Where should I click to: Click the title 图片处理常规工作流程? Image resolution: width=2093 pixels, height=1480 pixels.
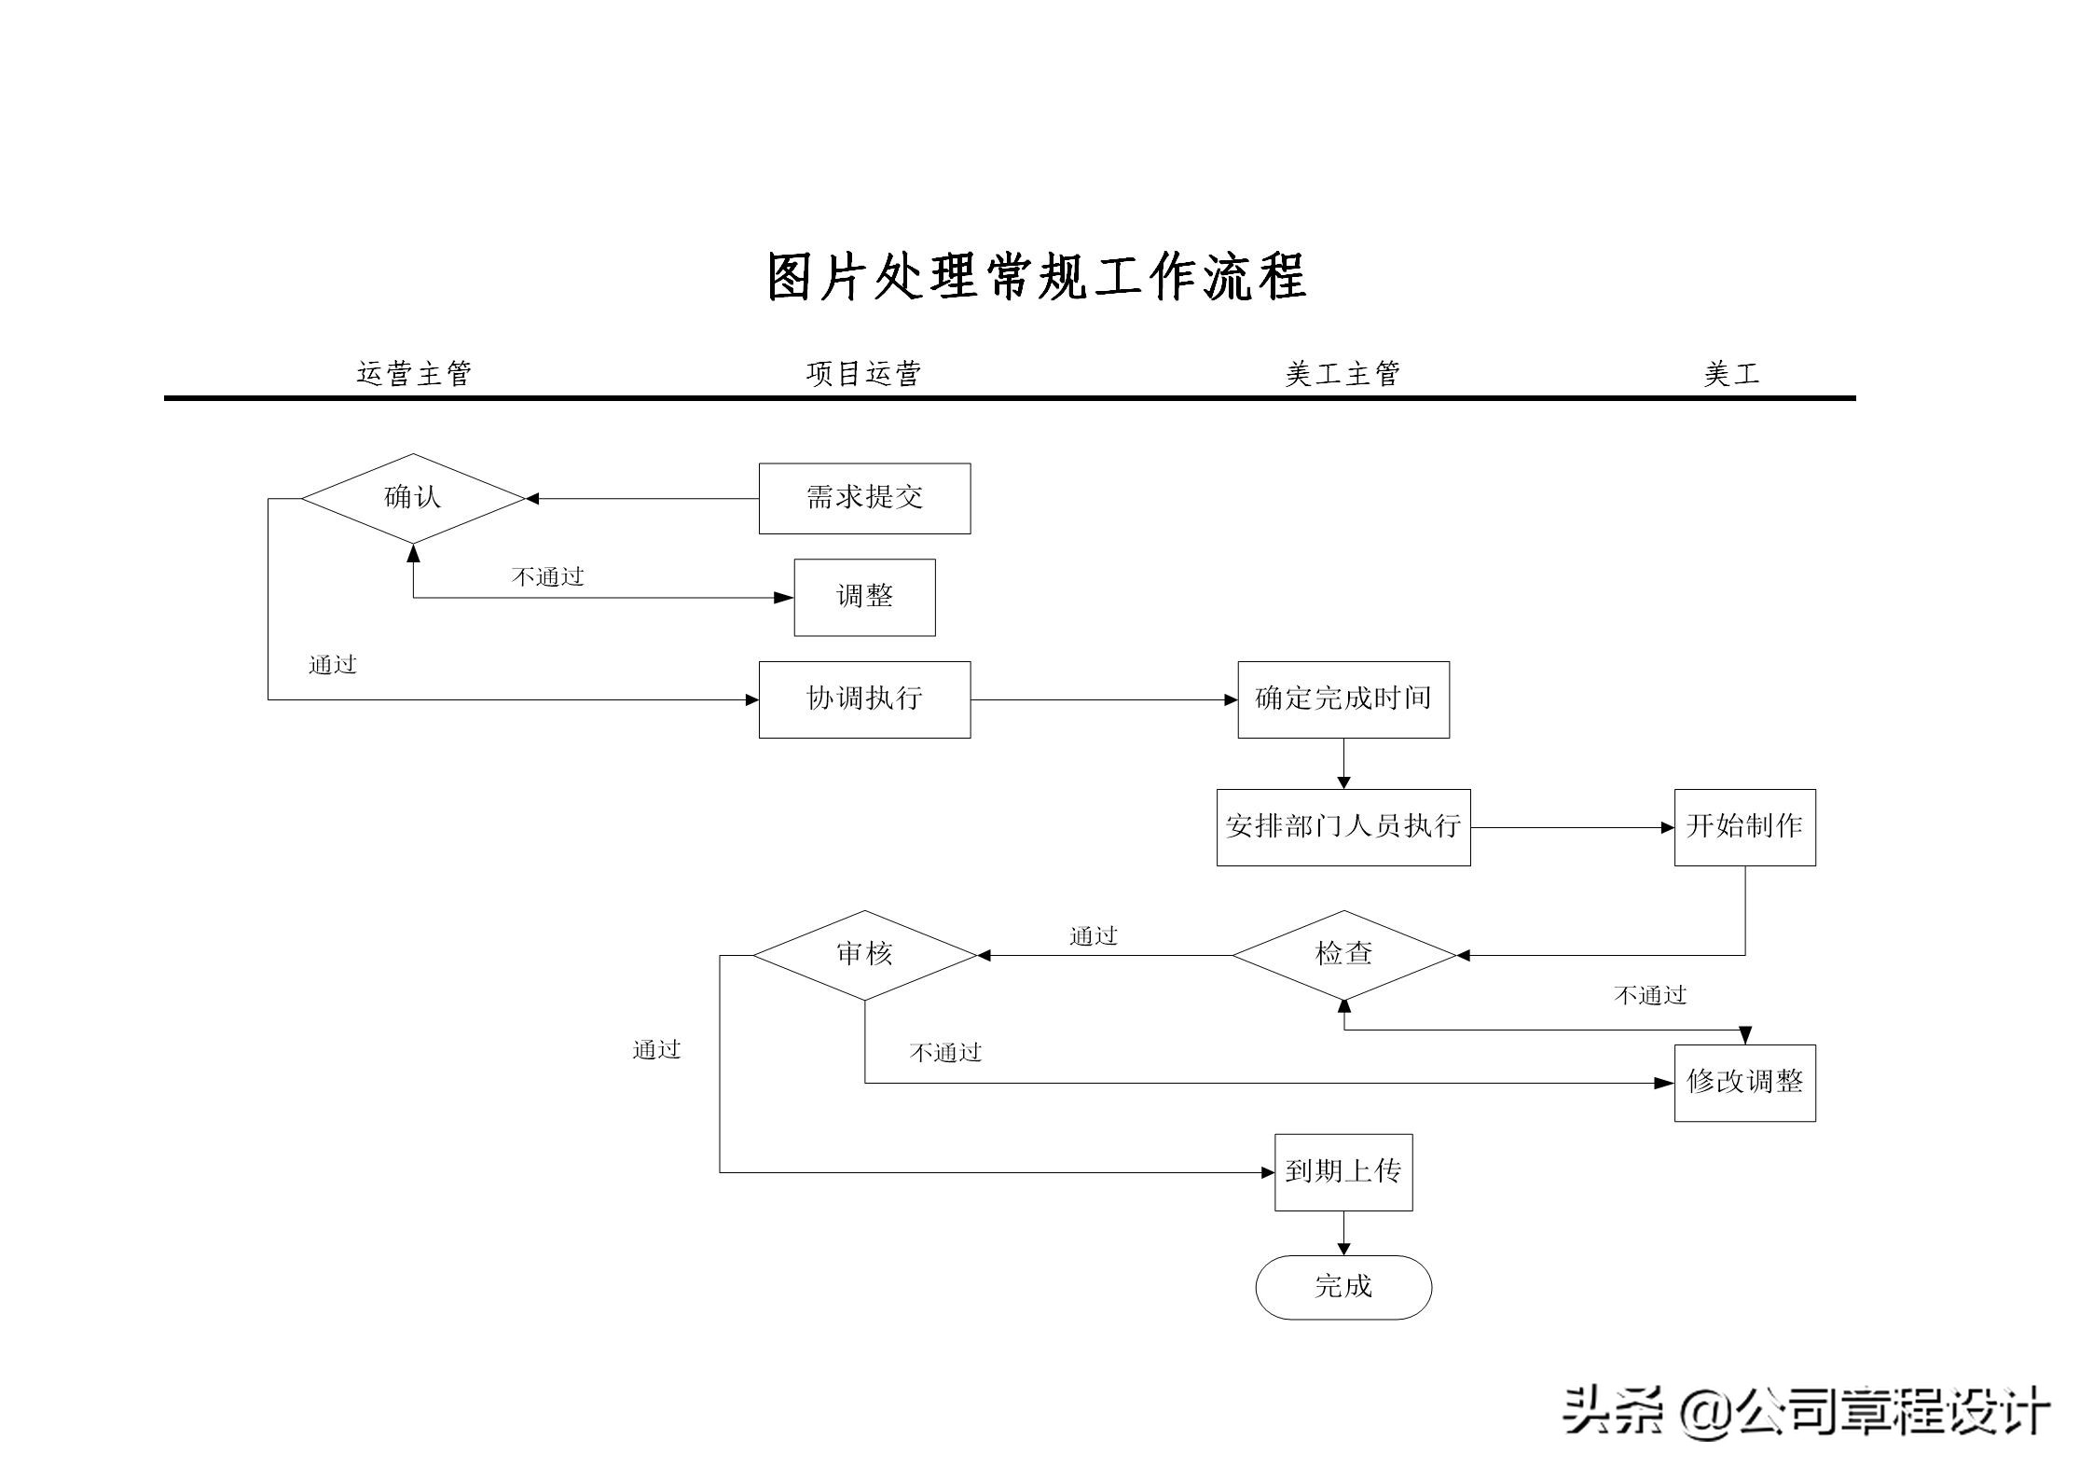(1036, 277)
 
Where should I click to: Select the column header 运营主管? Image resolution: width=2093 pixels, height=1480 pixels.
(414, 374)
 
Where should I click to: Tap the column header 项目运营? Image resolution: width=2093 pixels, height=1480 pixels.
(863, 374)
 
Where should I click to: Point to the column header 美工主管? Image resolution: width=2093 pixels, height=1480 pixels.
(1343, 374)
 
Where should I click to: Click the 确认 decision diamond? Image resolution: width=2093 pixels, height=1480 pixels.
(413, 498)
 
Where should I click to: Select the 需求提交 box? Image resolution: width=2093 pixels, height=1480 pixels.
(864, 498)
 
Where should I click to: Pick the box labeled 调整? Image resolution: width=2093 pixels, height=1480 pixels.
(864, 597)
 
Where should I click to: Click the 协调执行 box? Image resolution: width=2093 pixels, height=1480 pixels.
(864, 699)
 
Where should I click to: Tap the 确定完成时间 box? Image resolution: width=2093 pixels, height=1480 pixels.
(1343, 699)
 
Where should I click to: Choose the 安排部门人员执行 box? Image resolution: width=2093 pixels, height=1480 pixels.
(1343, 827)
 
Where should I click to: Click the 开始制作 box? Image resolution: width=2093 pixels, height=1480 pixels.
(1744, 827)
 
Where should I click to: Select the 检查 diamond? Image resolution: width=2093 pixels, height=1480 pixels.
(1343, 954)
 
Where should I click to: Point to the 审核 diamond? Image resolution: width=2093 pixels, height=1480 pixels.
(864, 954)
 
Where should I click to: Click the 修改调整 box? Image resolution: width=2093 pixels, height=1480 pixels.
(1744, 1082)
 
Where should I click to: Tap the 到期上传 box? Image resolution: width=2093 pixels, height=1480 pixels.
(1343, 1172)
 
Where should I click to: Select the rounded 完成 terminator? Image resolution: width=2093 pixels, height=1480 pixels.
(1343, 1287)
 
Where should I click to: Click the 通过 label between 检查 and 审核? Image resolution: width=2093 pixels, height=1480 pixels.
(1093, 936)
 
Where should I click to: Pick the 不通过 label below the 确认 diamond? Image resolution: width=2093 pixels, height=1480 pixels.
(547, 577)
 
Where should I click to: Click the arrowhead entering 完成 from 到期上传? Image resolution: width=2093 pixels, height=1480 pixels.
(1343, 1249)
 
